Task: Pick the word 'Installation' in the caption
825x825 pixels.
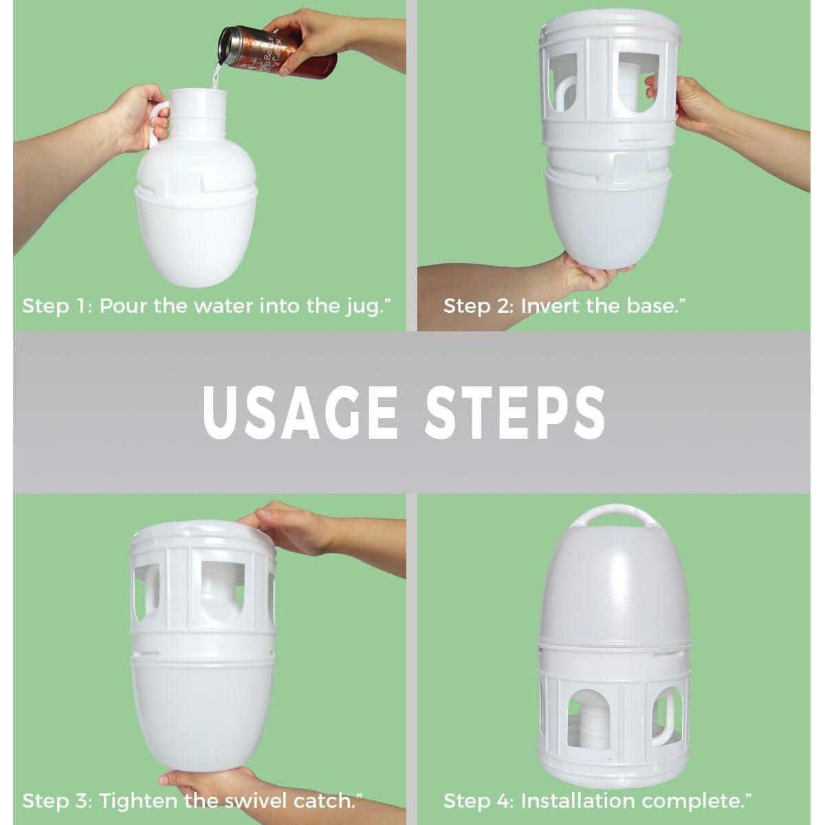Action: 577,801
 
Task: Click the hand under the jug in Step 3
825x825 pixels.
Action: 199,784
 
